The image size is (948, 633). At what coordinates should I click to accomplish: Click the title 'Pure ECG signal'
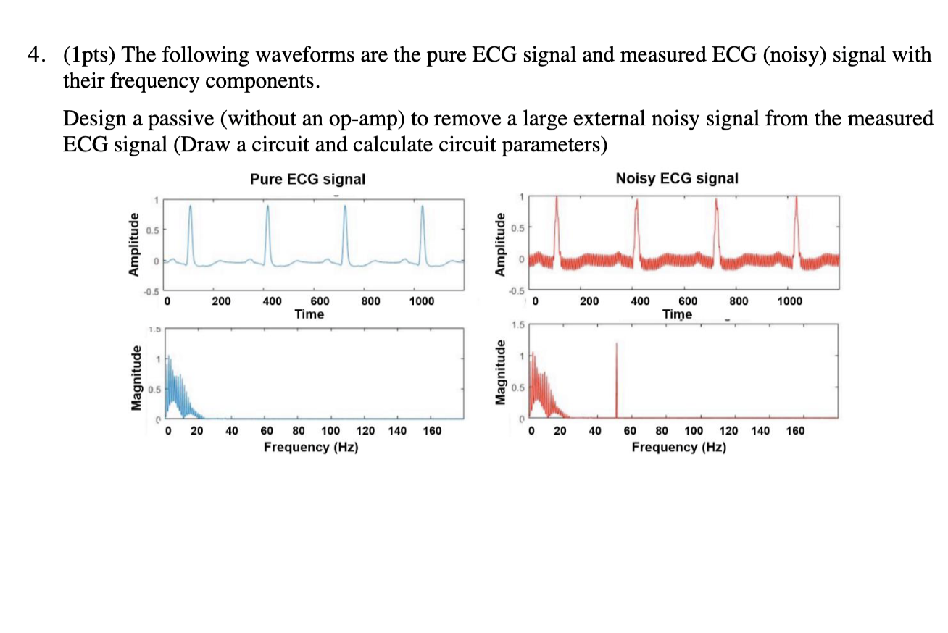tap(307, 178)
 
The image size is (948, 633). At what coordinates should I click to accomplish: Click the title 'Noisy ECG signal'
tap(677, 178)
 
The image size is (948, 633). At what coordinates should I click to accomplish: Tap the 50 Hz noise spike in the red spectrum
tap(616, 377)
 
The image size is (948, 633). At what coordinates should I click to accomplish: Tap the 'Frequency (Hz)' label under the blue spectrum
tap(311, 447)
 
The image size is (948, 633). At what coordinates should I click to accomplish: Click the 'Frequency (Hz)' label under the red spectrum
tap(679, 447)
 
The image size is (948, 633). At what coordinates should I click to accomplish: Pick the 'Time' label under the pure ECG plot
tap(309, 314)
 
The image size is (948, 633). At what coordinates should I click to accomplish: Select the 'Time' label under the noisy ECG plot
tap(677, 314)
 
